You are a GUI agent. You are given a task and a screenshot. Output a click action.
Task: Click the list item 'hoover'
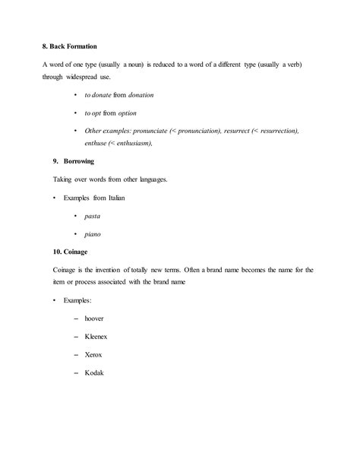pyautogui.click(x=95, y=318)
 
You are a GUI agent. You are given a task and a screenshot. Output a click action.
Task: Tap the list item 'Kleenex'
pyautogui.click(x=97, y=336)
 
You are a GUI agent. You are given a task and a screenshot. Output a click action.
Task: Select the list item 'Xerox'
pyautogui.click(x=94, y=354)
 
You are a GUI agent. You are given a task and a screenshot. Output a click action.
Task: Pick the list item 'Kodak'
pyautogui.click(x=94, y=372)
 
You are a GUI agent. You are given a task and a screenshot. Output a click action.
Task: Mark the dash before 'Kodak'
pyautogui.click(x=76, y=372)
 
